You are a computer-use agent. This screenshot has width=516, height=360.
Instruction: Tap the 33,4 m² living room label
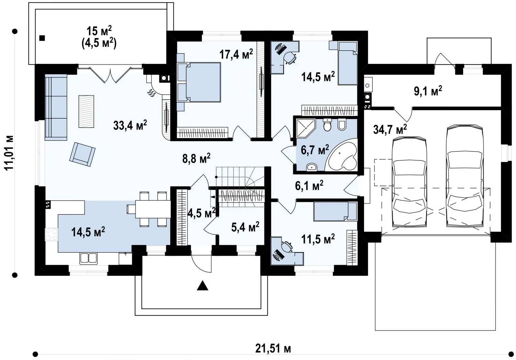130,125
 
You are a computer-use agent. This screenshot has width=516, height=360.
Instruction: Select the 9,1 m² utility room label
428,91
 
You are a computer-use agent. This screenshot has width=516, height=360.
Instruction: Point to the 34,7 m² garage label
390,130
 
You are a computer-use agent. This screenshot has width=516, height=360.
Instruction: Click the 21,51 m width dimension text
273,348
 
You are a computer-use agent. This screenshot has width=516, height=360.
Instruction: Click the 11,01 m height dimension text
9,153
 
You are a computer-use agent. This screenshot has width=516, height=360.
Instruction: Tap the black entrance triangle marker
203,285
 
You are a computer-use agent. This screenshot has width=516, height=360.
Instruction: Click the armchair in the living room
83,154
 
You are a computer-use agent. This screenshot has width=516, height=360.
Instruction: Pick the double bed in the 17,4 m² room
199,82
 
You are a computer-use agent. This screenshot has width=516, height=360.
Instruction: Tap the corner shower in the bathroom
306,128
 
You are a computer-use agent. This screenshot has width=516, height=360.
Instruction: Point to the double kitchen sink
88,258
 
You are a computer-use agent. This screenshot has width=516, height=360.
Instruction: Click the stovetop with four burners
51,235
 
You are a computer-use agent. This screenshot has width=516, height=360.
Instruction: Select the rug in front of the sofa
86,111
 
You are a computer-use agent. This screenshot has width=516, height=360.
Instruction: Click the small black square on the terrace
42,38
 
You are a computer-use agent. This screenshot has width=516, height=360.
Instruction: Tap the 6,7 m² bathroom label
315,150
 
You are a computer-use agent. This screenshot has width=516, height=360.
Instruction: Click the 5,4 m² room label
245,227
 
